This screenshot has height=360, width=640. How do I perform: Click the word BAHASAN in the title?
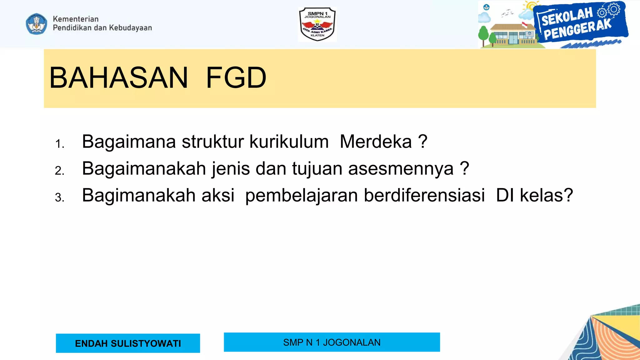pos(118,78)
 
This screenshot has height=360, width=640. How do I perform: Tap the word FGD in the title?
pos(236,78)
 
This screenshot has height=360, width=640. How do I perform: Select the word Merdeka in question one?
pos(376,142)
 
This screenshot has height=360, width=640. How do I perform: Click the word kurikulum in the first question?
pos(289,142)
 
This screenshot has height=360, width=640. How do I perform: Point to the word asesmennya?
pos(401,169)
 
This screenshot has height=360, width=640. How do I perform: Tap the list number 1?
pos(59,144)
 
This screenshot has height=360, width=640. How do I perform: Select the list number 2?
pos(59,171)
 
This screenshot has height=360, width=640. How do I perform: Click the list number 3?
pos(59,198)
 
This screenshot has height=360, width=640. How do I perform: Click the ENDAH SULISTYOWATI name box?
pos(128,343)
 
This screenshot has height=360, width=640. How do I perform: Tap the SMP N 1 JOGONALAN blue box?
pos(332,342)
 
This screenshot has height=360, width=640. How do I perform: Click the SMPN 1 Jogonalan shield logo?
pos(317,24)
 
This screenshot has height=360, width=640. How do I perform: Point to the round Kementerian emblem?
pos(37,24)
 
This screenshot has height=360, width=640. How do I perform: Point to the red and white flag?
pos(524,24)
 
